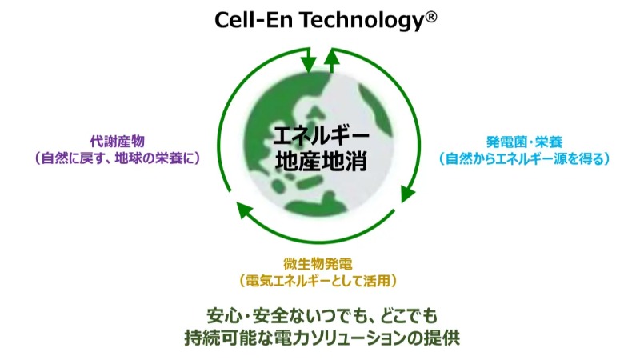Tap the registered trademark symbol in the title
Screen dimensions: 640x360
click(x=432, y=17)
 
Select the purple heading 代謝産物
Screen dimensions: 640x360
click(x=118, y=142)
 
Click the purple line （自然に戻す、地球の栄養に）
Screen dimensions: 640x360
click(x=118, y=158)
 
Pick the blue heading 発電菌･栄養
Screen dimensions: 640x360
click(x=524, y=142)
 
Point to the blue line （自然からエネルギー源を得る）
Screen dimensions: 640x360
click(x=524, y=158)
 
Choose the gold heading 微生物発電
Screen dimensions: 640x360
click(x=318, y=264)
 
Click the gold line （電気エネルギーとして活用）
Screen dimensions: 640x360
click(x=318, y=281)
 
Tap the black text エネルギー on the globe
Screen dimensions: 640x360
click(x=321, y=136)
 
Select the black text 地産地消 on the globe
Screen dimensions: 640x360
click(x=321, y=161)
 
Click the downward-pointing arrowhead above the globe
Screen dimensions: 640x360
click(x=308, y=65)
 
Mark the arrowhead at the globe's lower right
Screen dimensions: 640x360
click(x=407, y=194)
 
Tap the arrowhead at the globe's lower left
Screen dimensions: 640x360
click(x=245, y=210)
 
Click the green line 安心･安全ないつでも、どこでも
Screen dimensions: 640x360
click(x=322, y=317)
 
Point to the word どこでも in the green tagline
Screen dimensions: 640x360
click(x=409, y=317)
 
